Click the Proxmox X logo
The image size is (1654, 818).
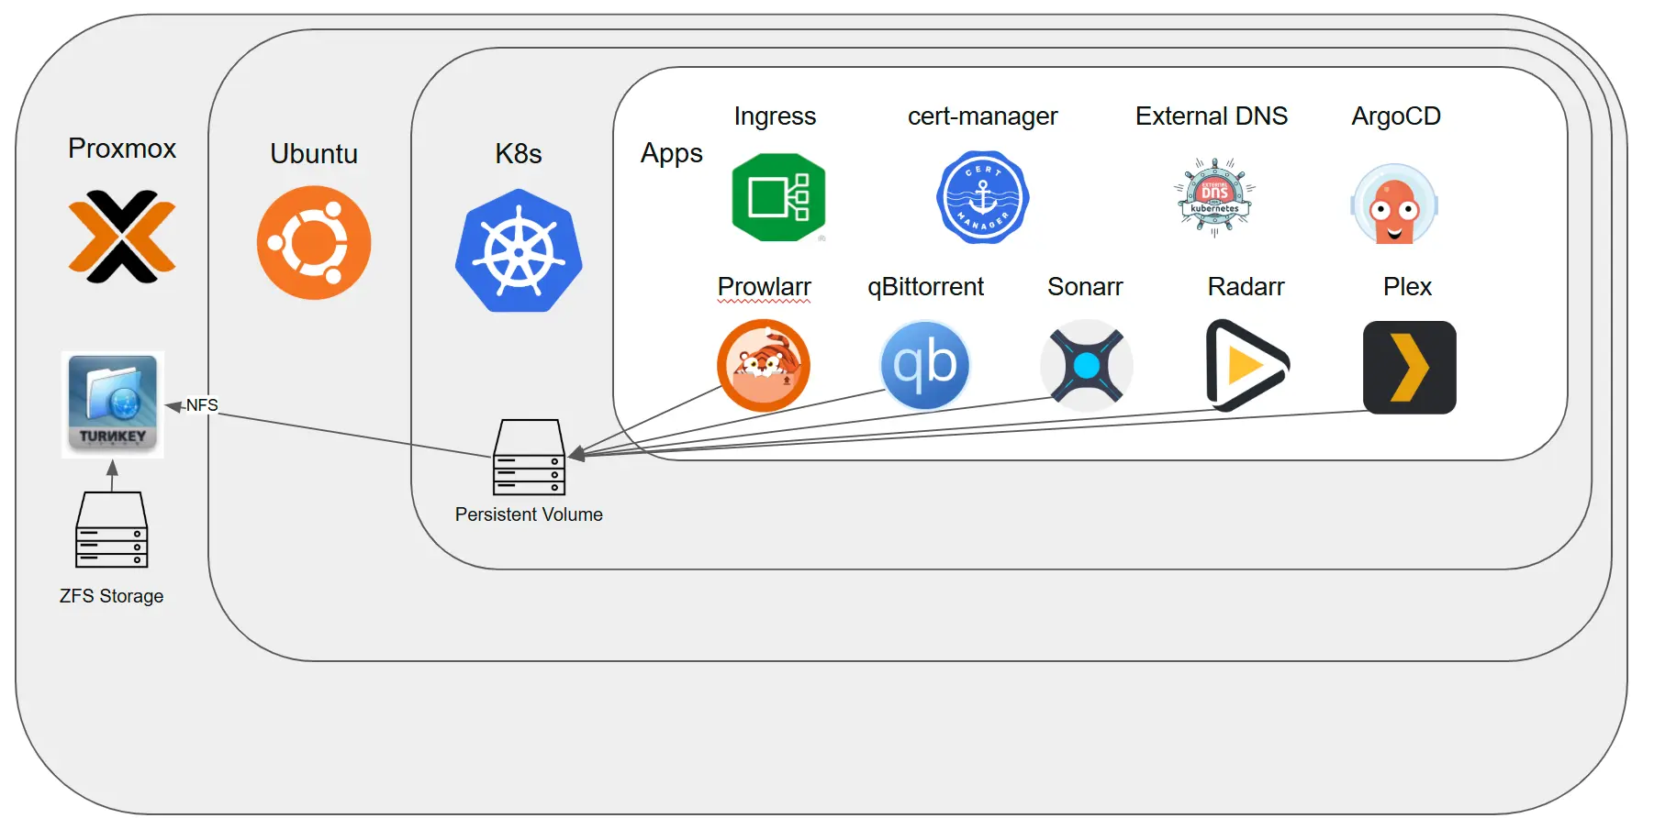click(x=122, y=237)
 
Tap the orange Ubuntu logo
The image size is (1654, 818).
click(x=314, y=243)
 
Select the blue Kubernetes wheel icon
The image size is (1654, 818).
click(x=519, y=251)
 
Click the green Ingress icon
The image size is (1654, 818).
click(x=778, y=197)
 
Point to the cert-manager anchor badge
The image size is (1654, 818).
click(x=982, y=197)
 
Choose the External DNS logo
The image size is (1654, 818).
click(x=1214, y=197)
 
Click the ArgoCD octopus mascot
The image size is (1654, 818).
click(x=1394, y=204)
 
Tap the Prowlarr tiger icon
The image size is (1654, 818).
click(x=764, y=365)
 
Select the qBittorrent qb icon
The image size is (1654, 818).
click(x=925, y=365)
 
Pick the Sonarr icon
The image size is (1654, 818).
click(x=1087, y=365)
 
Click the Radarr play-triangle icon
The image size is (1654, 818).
click(x=1246, y=365)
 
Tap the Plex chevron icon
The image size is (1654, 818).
click(x=1409, y=367)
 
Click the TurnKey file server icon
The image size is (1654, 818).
click(x=113, y=403)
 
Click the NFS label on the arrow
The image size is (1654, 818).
click(x=202, y=404)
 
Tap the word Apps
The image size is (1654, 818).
click(x=672, y=153)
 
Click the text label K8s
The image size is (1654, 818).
click(x=519, y=153)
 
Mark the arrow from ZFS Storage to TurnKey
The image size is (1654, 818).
click(x=112, y=476)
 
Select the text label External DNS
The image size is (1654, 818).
click(x=1211, y=116)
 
